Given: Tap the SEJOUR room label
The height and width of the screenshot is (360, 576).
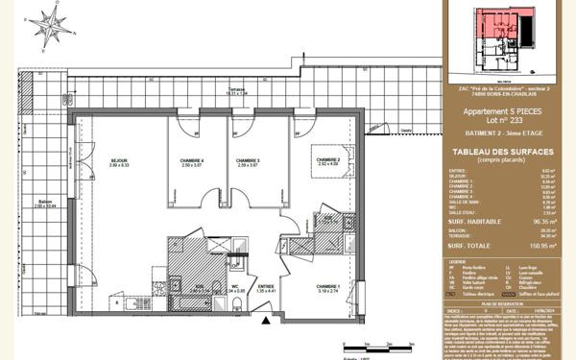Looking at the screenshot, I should [119, 162].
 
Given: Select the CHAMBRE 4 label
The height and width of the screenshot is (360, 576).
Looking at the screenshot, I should [193, 162].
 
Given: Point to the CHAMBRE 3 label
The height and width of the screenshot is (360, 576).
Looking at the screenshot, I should [249, 162].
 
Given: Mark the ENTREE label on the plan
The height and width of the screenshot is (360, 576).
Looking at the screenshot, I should [266, 286].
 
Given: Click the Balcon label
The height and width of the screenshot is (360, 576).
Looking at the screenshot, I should [45, 203].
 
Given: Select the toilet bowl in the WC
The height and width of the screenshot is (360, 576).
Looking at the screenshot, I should [235, 304].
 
